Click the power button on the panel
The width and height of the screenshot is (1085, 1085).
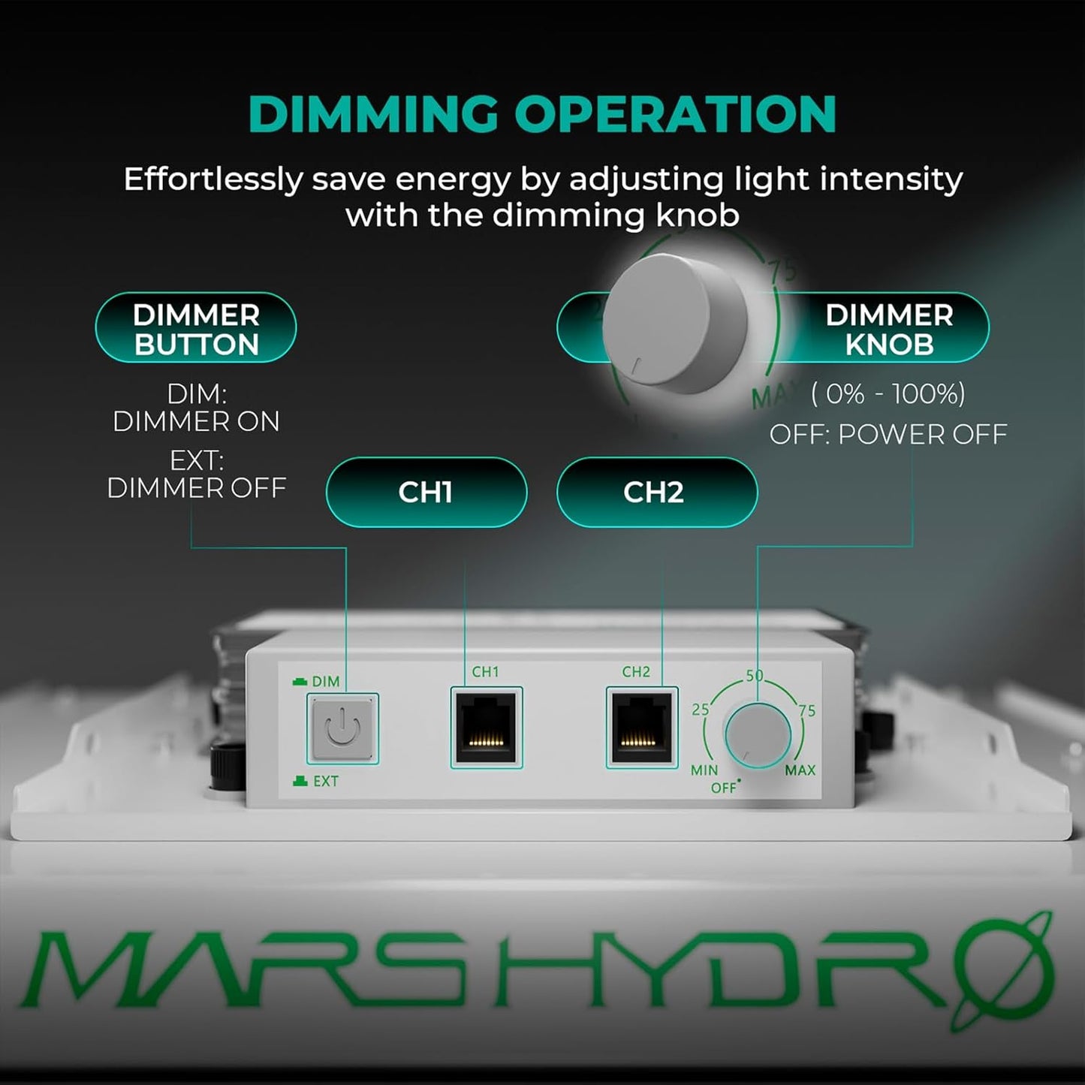click(342, 728)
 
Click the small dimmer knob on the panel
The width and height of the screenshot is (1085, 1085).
click(757, 736)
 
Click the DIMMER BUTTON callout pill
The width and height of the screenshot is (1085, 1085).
click(196, 328)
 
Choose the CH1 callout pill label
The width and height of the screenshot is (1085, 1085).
click(426, 493)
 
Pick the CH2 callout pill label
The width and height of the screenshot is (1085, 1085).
click(656, 493)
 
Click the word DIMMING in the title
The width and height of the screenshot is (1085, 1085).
click(372, 114)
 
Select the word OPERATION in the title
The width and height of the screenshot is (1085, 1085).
click(675, 114)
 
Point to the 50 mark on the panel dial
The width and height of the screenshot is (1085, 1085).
click(754, 676)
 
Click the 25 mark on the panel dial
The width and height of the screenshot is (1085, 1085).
click(701, 710)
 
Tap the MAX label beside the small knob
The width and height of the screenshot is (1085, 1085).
click(800, 770)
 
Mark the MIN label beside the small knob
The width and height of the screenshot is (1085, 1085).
click(704, 770)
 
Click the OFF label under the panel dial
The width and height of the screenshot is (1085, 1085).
click(724, 788)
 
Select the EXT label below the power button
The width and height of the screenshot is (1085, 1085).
click(325, 782)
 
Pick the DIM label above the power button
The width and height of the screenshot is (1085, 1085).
click(325, 682)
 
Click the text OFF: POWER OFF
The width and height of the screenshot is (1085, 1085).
click(888, 435)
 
